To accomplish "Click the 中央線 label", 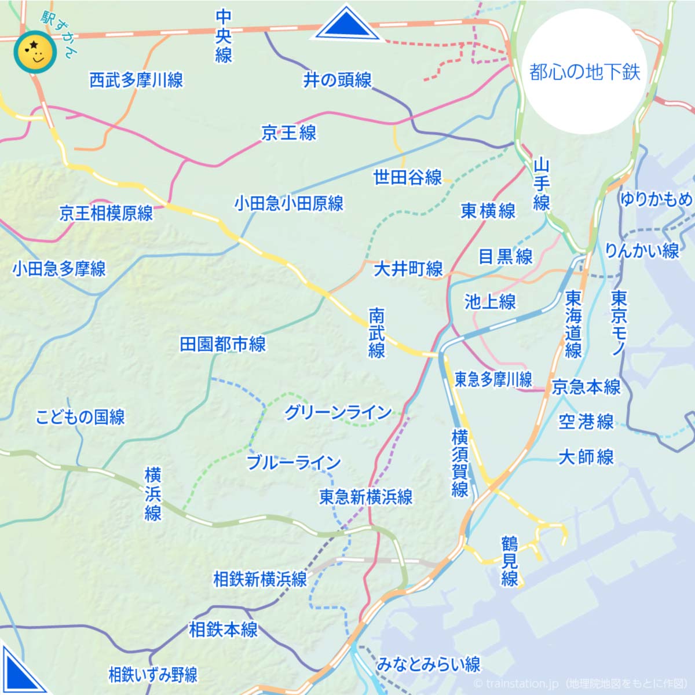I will click(x=224, y=36).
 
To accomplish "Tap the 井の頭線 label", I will click(x=338, y=80).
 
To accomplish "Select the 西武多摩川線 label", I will click(x=136, y=80).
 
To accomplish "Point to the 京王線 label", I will click(x=289, y=133).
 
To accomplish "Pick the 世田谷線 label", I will click(x=408, y=177).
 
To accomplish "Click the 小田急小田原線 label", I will click(x=289, y=203).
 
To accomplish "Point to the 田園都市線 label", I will click(x=223, y=345).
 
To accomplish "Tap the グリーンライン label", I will click(x=338, y=412).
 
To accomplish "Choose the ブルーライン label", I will click(x=294, y=462).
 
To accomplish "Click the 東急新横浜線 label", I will click(x=366, y=497).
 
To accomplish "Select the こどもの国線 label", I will click(x=80, y=417).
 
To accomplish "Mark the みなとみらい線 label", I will click(x=429, y=664).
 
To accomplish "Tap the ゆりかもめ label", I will click(x=656, y=199).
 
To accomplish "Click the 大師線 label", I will click(x=586, y=457).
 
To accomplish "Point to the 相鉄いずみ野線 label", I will click(x=153, y=675).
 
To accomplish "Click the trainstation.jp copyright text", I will click(x=582, y=684).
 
